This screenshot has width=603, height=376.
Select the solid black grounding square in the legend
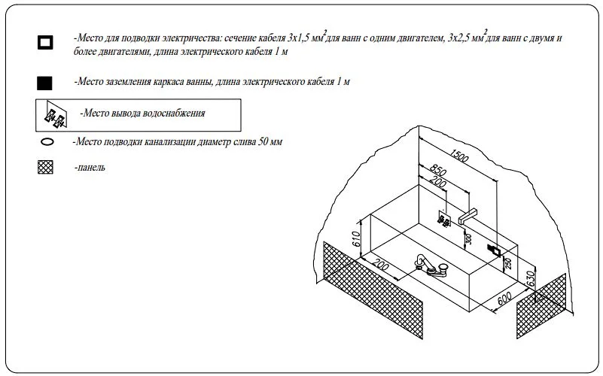[x=45, y=82]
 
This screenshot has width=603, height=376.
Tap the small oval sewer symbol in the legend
[x=47, y=141]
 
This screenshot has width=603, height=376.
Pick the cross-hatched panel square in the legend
[x=46, y=168]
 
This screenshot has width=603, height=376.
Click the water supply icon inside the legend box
[x=55, y=116]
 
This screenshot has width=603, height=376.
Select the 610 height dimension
[x=358, y=241]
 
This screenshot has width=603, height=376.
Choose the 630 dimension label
[x=531, y=280]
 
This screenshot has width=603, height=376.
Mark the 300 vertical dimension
[x=467, y=240]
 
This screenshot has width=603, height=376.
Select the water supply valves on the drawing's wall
[x=445, y=220]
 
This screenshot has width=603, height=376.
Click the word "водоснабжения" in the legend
[x=172, y=113]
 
